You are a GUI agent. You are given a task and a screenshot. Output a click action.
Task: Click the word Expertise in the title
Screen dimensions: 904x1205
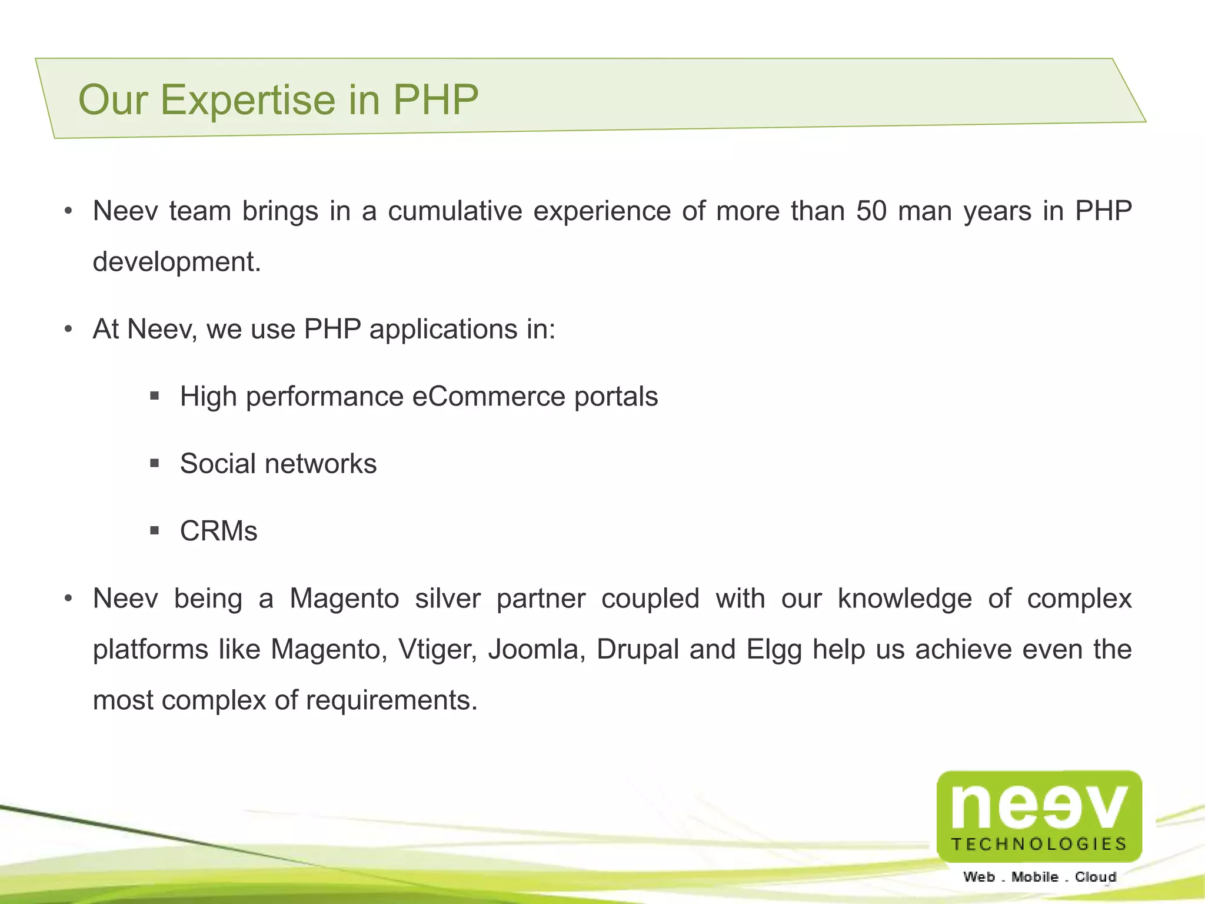[x=248, y=100]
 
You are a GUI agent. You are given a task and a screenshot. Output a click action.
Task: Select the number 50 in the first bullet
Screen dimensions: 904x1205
[x=871, y=211]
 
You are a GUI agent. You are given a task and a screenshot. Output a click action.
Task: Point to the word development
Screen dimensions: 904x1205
[x=177, y=262]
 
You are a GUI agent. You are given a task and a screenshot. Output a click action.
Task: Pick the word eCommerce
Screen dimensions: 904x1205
[x=488, y=396]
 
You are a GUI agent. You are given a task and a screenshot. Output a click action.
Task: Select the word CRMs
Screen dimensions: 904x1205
[x=218, y=531]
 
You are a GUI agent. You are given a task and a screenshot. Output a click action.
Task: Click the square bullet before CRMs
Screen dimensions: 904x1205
[x=155, y=531]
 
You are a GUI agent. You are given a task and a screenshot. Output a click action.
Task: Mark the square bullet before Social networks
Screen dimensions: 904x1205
[x=155, y=464]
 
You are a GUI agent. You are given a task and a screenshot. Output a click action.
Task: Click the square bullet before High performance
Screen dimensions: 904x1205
[x=155, y=396]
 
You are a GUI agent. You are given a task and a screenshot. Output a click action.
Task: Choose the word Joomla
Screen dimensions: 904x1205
[x=536, y=650]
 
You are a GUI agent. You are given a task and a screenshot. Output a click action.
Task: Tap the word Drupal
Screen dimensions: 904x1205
[x=638, y=650]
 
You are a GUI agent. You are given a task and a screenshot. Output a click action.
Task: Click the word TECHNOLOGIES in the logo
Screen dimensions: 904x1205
[x=1039, y=844]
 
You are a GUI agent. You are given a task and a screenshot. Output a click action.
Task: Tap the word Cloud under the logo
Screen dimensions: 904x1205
[x=1096, y=877]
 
